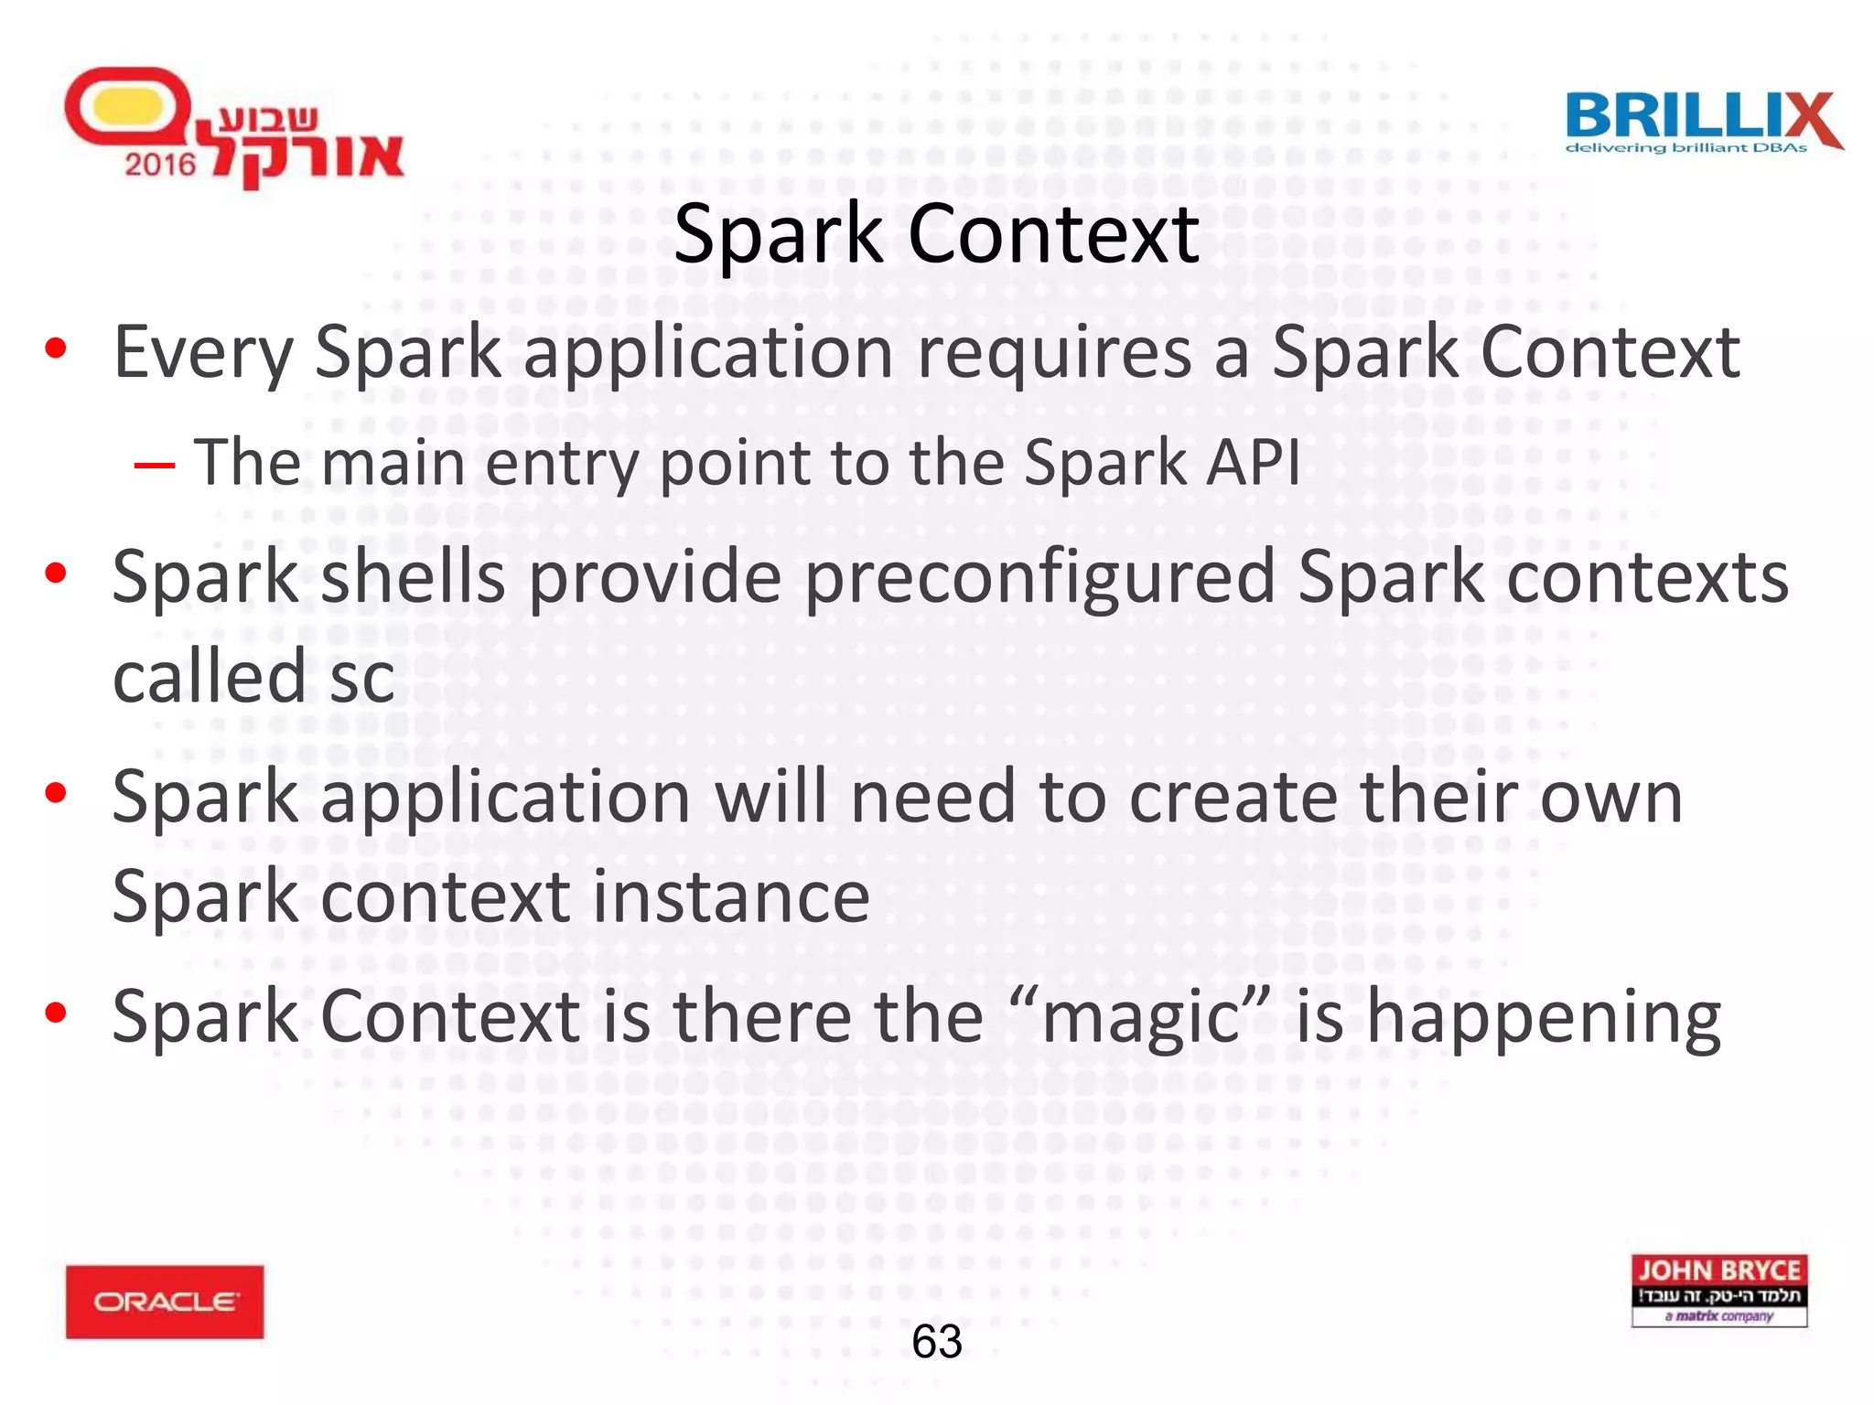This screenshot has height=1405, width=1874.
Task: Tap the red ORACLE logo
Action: pos(165,1302)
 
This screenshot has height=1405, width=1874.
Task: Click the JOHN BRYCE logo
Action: pos(1718,1291)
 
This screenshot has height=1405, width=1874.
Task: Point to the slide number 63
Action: pos(937,1342)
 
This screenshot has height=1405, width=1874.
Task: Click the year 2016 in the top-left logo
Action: pos(160,165)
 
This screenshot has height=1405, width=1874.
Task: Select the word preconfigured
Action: pos(1039,578)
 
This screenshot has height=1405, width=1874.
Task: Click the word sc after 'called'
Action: pos(362,678)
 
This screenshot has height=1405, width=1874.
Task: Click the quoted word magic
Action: pos(1140,1018)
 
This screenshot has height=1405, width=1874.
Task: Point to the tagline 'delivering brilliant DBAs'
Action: pos(1686,148)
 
